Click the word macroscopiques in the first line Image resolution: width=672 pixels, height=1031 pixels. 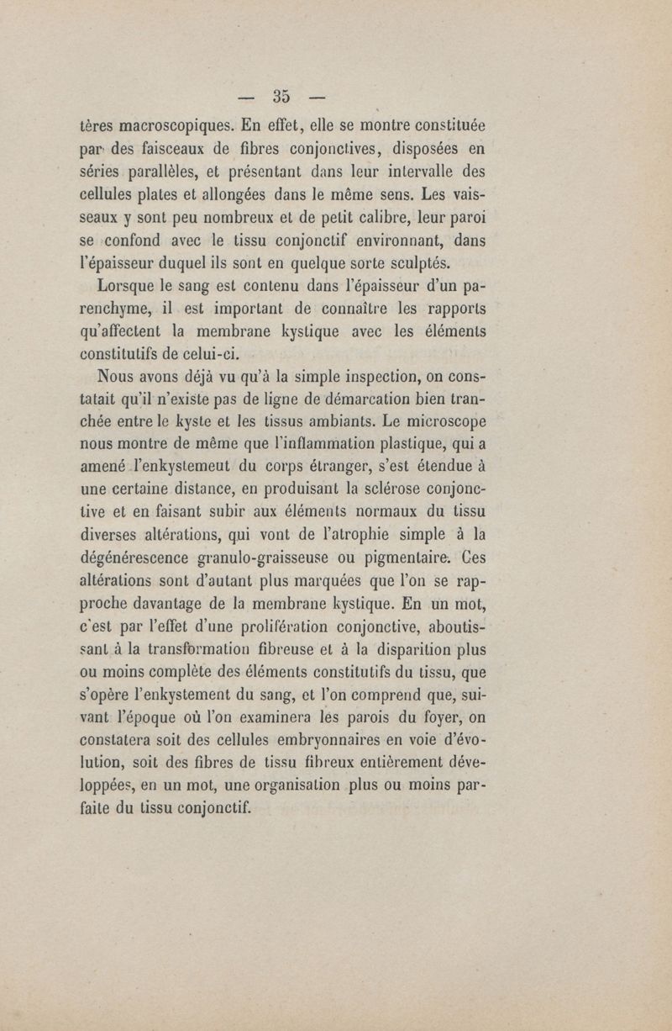(x=162, y=127)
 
